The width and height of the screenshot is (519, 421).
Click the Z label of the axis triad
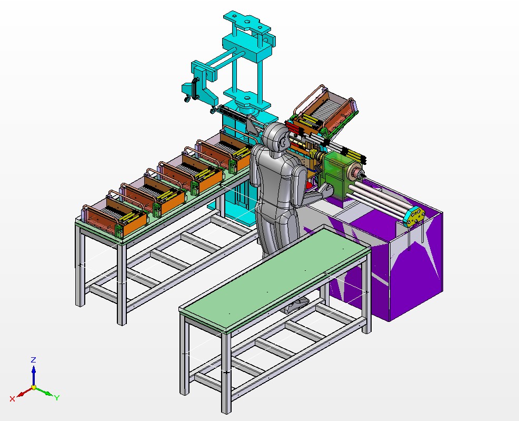click(x=33, y=360)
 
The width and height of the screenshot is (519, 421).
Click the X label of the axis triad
click(x=12, y=399)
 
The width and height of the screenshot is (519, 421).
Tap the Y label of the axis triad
click(x=57, y=398)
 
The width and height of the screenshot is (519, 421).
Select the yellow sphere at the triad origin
click(x=34, y=387)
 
